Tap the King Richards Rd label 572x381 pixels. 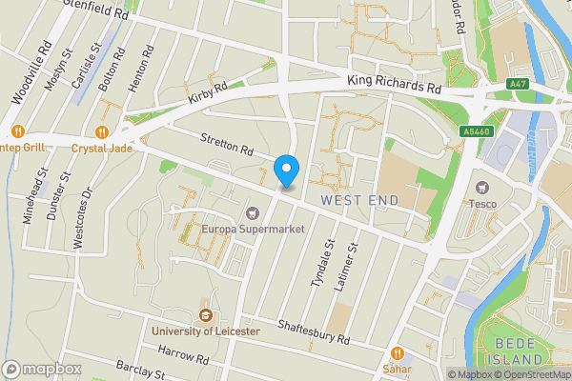pos(394,86)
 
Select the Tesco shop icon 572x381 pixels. pos(480,187)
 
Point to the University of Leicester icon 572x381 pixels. pos(204,315)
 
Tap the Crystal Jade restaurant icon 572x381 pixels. pos(101,132)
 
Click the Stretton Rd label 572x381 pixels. pos(227,145)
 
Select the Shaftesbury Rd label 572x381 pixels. pos(315,332)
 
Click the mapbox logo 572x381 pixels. pos(43,369)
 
